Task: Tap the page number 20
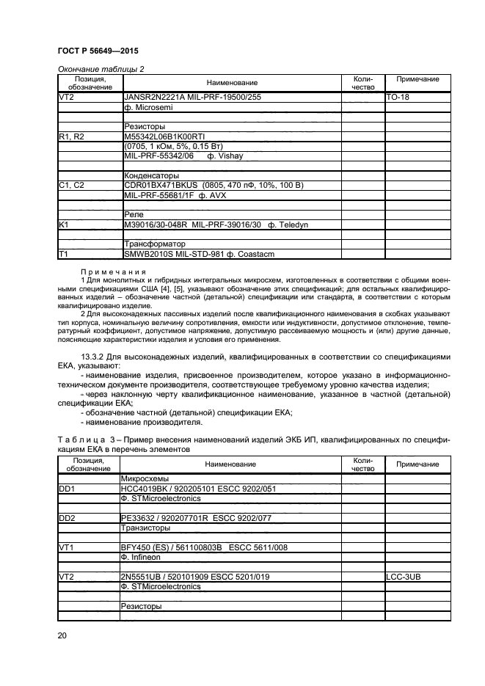pos(62,635)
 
